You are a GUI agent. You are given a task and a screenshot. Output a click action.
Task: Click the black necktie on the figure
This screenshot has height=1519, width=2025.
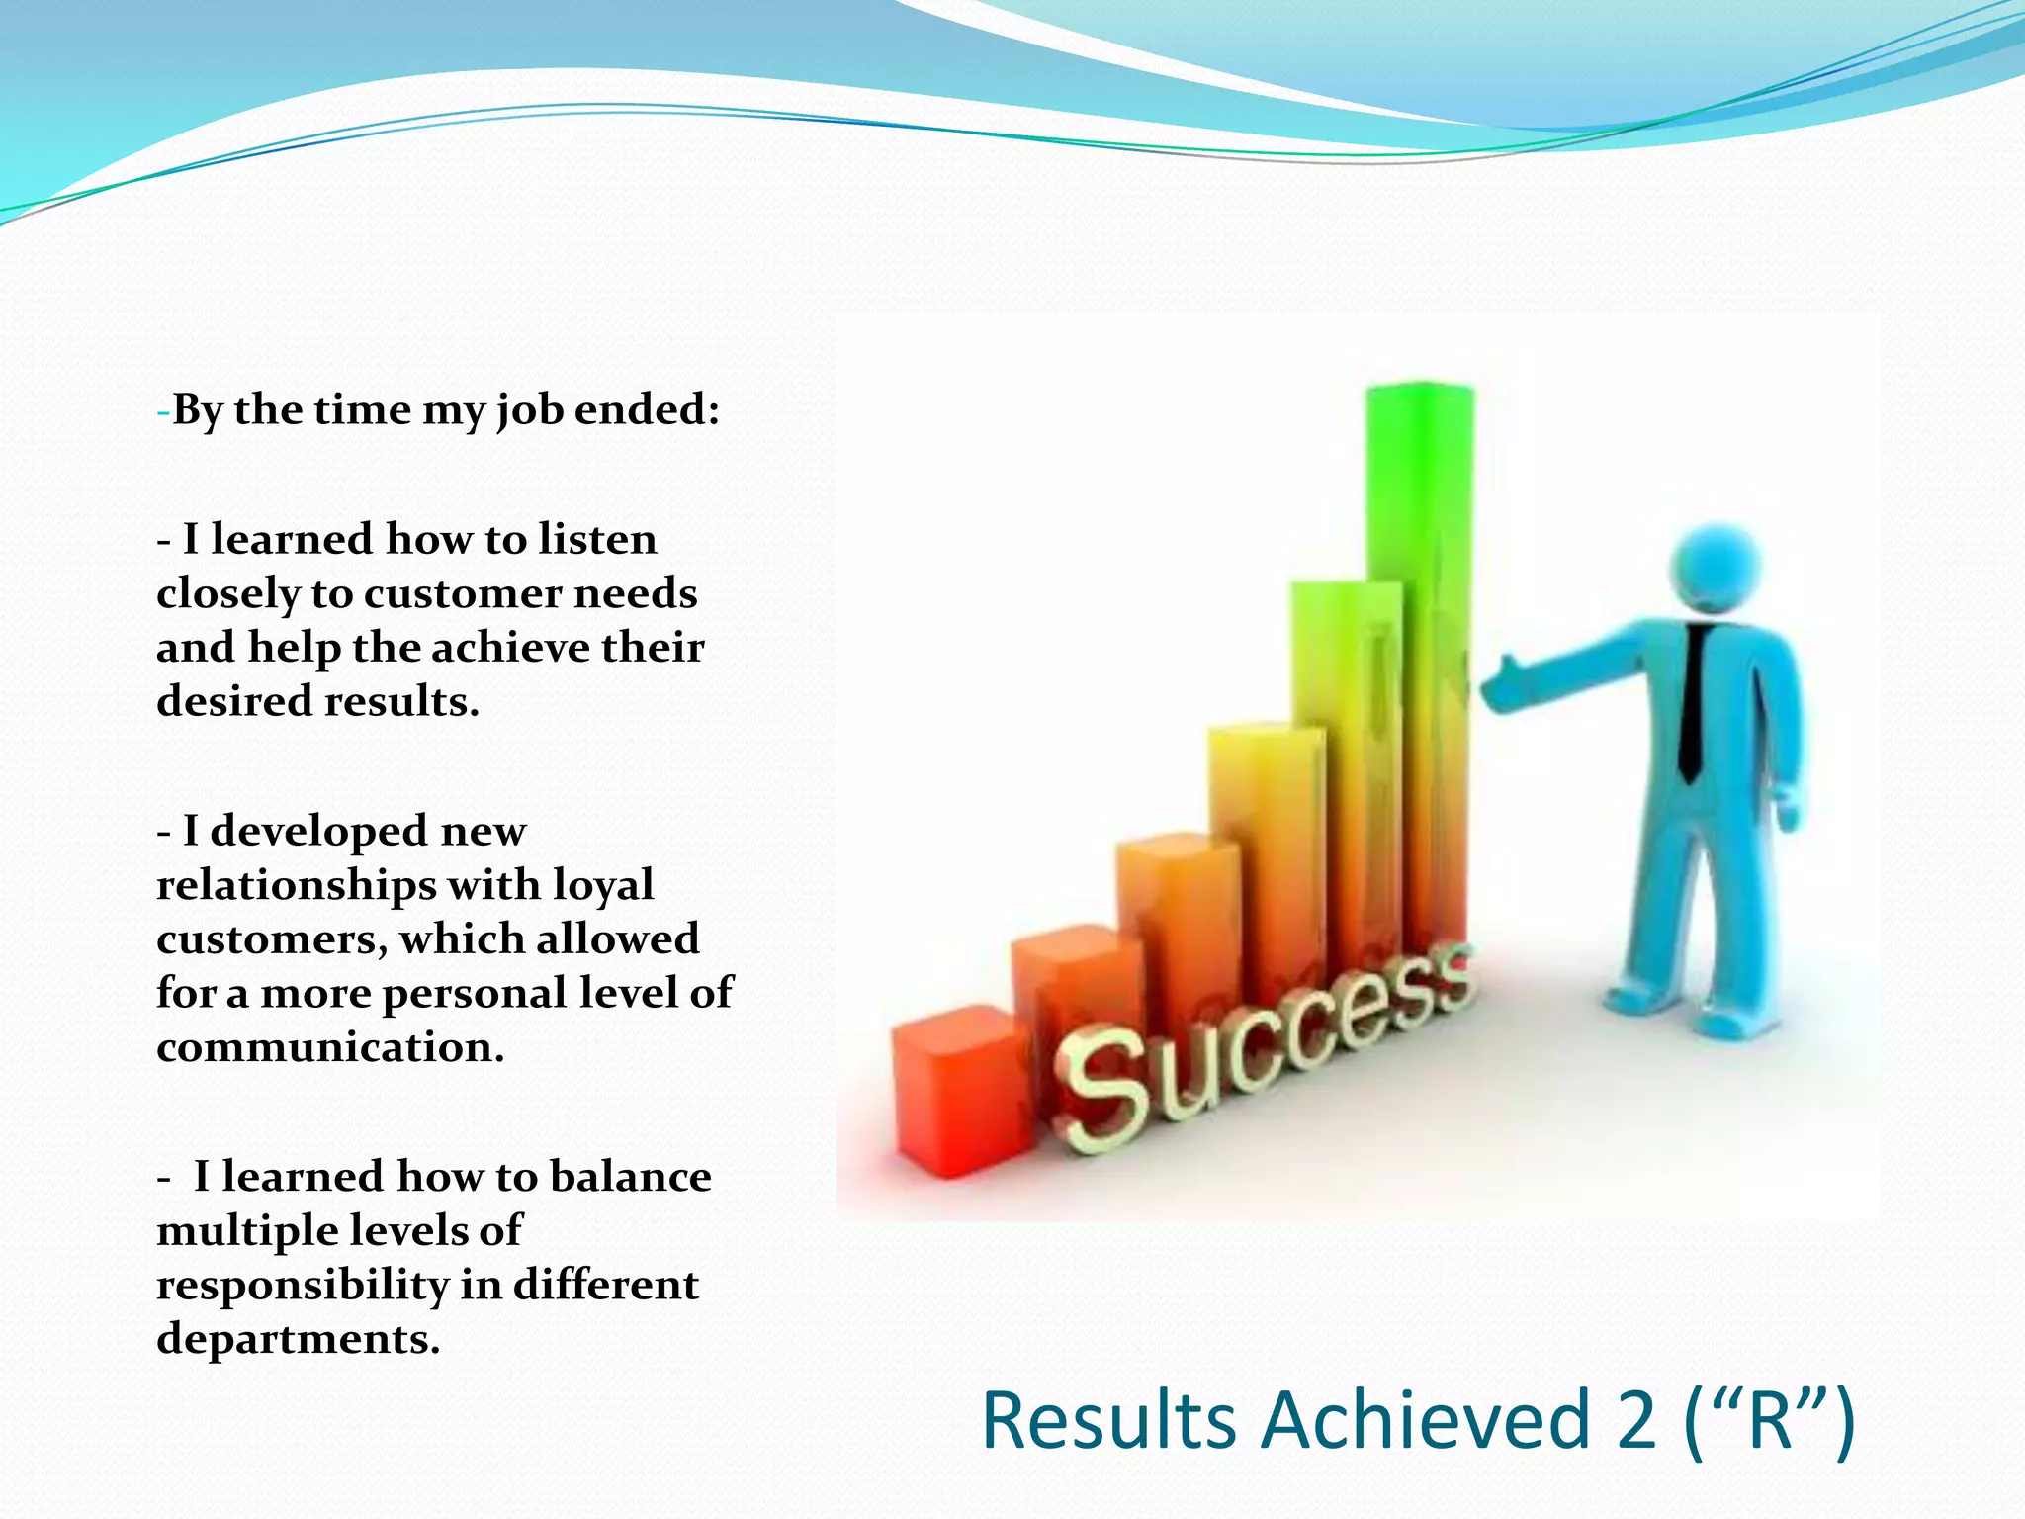(1694, 702)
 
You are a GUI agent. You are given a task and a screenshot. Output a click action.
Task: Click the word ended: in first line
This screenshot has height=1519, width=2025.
(648, 409)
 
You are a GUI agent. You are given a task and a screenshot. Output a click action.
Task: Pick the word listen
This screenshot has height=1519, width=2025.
(597, 539)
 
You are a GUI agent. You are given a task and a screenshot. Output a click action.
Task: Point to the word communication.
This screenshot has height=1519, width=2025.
(330, 1046)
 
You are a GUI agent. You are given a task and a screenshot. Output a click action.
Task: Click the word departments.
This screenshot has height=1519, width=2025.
(298, 1339)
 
